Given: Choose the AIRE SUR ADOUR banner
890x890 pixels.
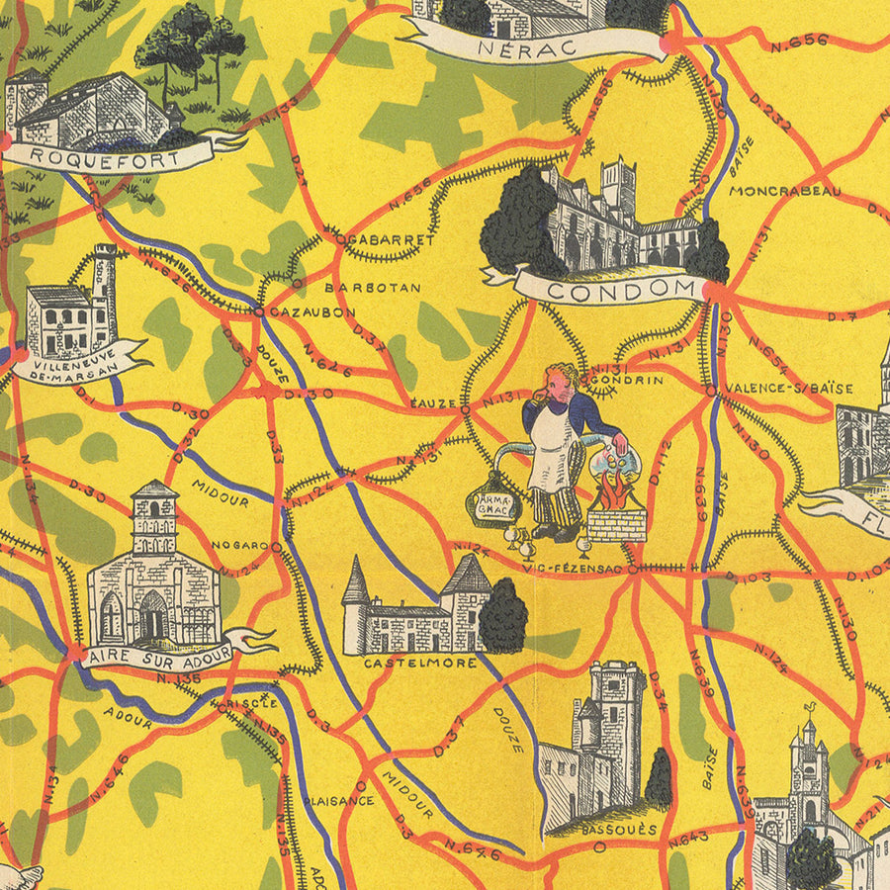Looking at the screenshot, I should click(158, 654).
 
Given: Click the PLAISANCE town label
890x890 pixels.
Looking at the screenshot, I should click(338, 800).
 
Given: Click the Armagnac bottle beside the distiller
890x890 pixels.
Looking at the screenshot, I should click(492, 505).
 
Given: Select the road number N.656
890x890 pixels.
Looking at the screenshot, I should click(803, 41).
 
